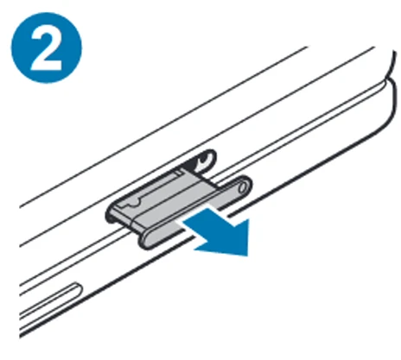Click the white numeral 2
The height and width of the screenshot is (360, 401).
(x=46, y=48)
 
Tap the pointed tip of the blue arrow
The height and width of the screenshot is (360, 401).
(x=247, y=256)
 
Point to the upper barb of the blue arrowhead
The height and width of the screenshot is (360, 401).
(x=248, y=220)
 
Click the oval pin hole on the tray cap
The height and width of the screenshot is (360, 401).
(x=244, y=187)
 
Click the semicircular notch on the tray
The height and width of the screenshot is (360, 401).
(x=134, y=204)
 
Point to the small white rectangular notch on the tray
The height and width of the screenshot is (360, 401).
(x=179, y=173)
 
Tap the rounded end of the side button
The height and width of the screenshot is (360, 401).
(x=78, y=288)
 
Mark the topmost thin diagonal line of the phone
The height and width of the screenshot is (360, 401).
(x=163, y=126)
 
